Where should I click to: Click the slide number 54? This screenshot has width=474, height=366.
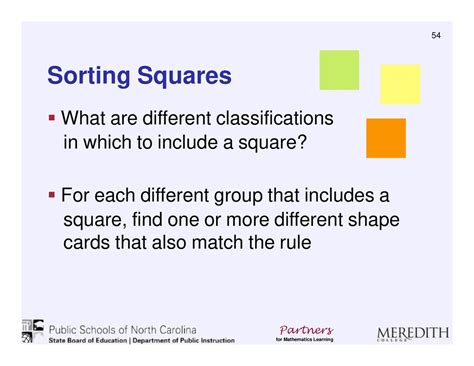pos(436,36)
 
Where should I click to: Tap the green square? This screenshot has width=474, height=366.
pos(338,69)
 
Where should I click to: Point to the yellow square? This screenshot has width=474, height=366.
pos(399,84)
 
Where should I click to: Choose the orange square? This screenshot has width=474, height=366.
pos(386,138)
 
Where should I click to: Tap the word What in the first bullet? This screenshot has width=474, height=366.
pos(84,119)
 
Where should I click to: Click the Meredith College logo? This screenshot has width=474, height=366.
pos(412,333)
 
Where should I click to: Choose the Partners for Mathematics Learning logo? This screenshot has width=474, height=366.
pos(306,332)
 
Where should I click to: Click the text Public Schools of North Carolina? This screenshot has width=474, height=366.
pos(122,329)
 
